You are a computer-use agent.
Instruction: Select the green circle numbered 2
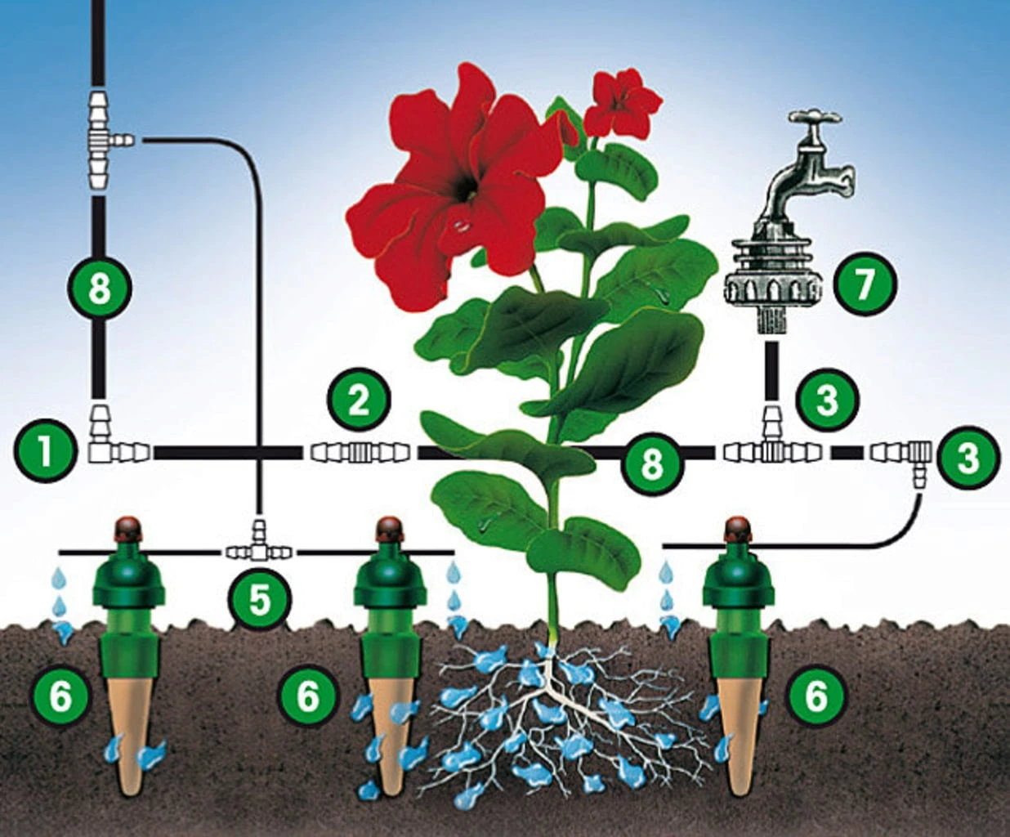point(359,401)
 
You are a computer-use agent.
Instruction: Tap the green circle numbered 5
point(259,599)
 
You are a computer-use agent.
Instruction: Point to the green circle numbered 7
point(865,284)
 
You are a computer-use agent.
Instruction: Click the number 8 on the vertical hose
point(99,288)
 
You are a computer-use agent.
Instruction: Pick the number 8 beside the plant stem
point(651,463)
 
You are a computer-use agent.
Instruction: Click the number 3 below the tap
point(827,401)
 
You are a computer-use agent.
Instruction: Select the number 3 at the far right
point(968,458)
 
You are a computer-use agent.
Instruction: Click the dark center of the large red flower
point(467,187)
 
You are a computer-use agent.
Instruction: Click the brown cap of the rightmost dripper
point(736,528)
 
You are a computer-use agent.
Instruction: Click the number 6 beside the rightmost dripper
point(816,696)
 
